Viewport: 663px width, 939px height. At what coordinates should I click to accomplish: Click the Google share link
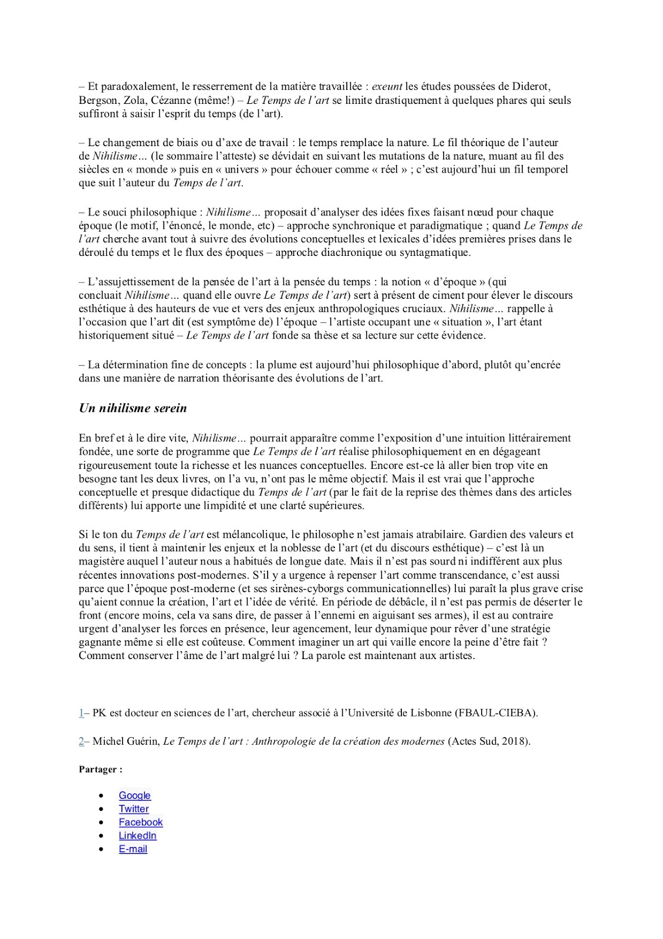click(134, 795)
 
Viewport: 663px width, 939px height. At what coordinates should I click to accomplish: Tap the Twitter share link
click(134, 809)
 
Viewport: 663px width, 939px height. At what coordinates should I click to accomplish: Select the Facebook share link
click(140, 822)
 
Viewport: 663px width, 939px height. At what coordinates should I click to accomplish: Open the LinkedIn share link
click(137, 836)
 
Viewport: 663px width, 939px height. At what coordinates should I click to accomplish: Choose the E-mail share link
click(133, 849)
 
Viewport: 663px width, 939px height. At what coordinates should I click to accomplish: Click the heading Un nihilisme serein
click(133, 408)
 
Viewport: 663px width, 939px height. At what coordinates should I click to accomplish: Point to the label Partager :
click(100, 769)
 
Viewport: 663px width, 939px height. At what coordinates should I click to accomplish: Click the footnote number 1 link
click(81, 713)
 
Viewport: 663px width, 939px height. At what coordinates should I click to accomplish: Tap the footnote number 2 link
click(81, 741)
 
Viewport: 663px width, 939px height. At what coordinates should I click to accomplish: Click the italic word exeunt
click(387, 87)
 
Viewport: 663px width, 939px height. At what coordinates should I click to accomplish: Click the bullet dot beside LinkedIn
click(102, 836)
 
